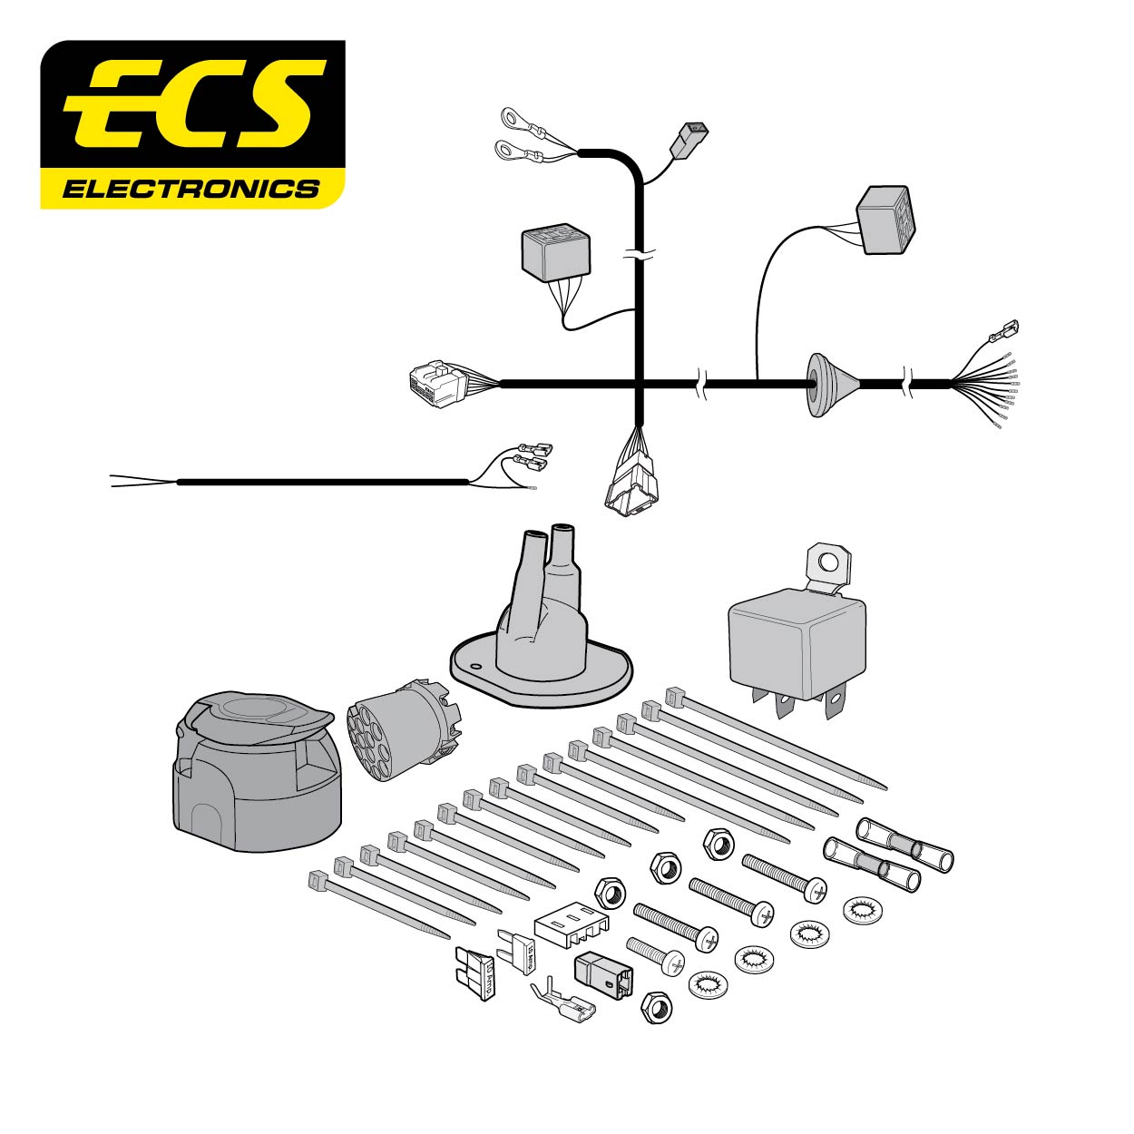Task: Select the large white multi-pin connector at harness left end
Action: pyautogui.click(x=436, y=383)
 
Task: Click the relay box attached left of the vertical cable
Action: pyautogui.click(x=555, y=252)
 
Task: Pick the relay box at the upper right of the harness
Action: pyautogui.click(x=886, y=220)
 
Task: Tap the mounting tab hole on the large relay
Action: pyautogui.click(x=826, y=562)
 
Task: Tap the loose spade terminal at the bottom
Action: pyautogui.click(x=562, y=1004)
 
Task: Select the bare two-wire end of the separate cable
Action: pyautogui.click(x=136, y=481)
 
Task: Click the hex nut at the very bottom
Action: pyautogui.click(x=657, y=1008)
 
